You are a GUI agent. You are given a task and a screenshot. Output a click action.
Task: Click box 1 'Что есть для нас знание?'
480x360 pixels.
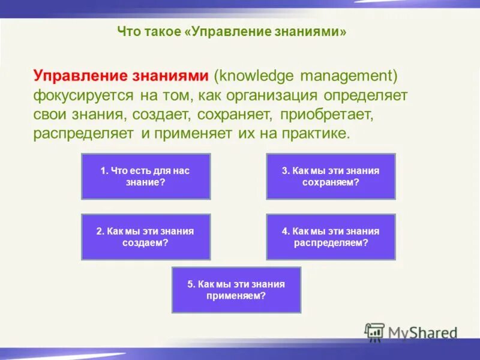tap(145, 176)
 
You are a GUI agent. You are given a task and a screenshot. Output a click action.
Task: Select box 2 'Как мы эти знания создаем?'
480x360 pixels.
tap(145, 236)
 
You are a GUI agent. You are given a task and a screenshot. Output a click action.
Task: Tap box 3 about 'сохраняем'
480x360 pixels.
tap(331, 176)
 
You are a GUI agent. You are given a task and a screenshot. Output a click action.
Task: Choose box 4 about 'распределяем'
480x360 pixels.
tap(331, 236)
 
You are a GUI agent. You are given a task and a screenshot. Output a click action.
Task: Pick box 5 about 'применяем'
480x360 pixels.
tap(236, 290)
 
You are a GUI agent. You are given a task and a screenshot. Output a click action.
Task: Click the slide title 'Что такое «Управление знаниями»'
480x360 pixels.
tap(232, 32)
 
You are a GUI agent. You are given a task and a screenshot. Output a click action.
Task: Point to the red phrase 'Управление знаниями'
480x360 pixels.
tap(121, 76)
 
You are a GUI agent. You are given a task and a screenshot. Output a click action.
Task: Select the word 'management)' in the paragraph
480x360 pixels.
tap(349, 76)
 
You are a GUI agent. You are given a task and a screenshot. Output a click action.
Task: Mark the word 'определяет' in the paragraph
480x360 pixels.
tap(366, 95)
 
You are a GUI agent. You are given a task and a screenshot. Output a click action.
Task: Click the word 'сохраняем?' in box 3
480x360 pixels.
tap(331, 182)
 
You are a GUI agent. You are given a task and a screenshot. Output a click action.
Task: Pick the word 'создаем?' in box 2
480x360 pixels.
tap(145, 242)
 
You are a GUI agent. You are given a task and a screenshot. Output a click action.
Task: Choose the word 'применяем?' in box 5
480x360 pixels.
tap(236, 296)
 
